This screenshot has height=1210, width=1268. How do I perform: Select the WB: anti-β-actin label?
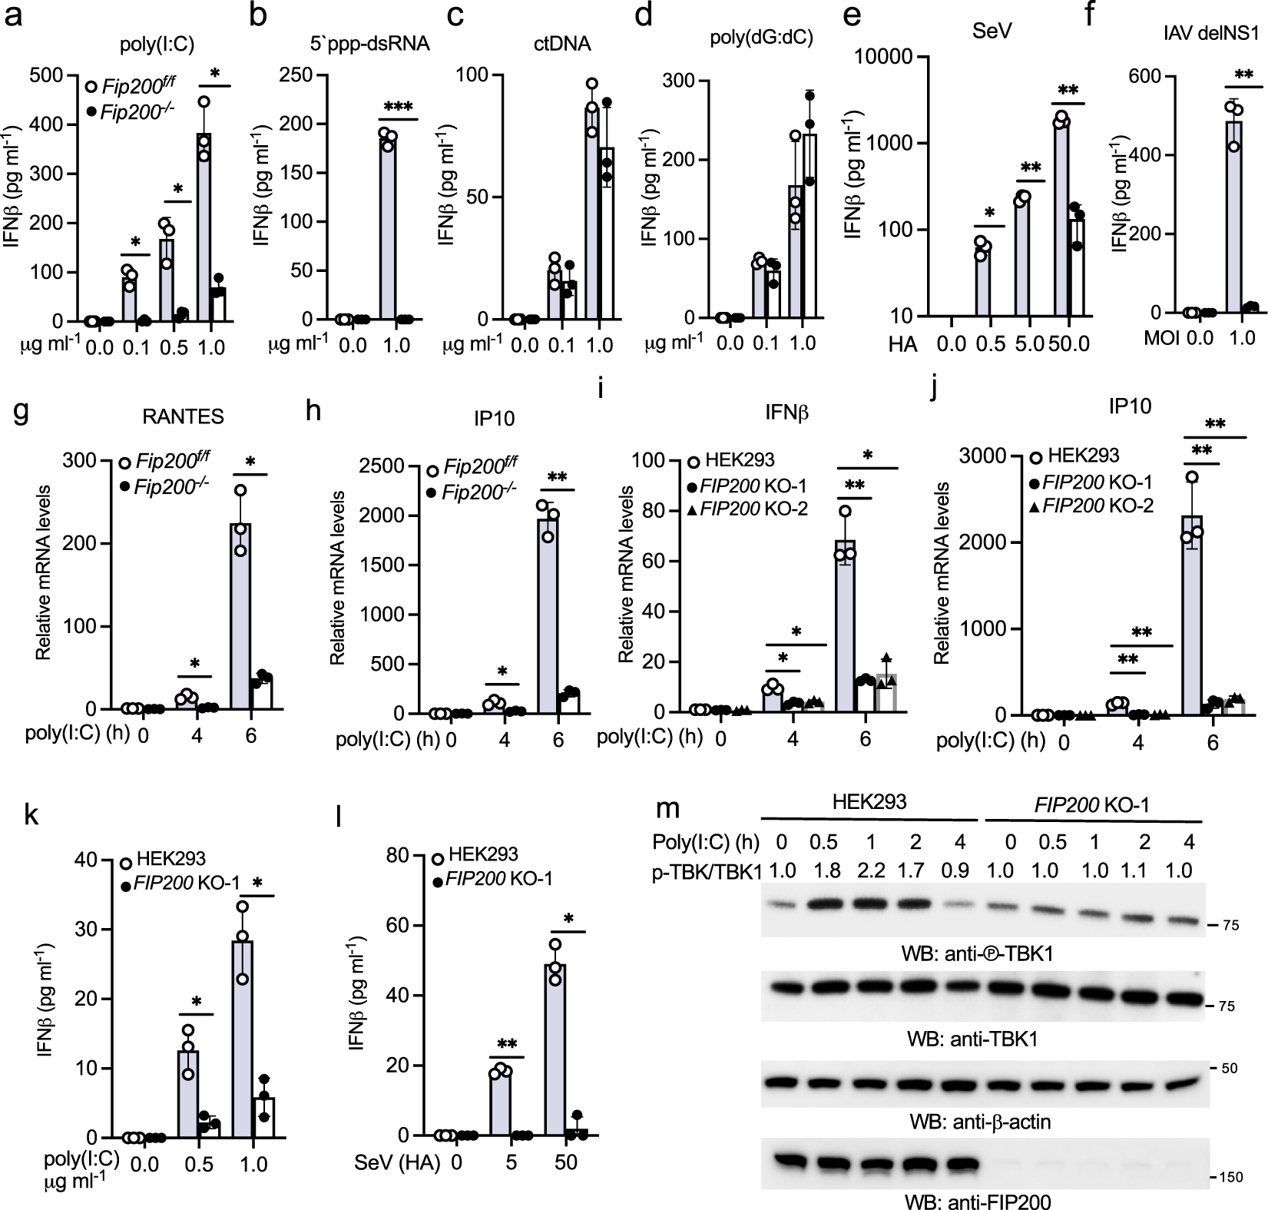975,1122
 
